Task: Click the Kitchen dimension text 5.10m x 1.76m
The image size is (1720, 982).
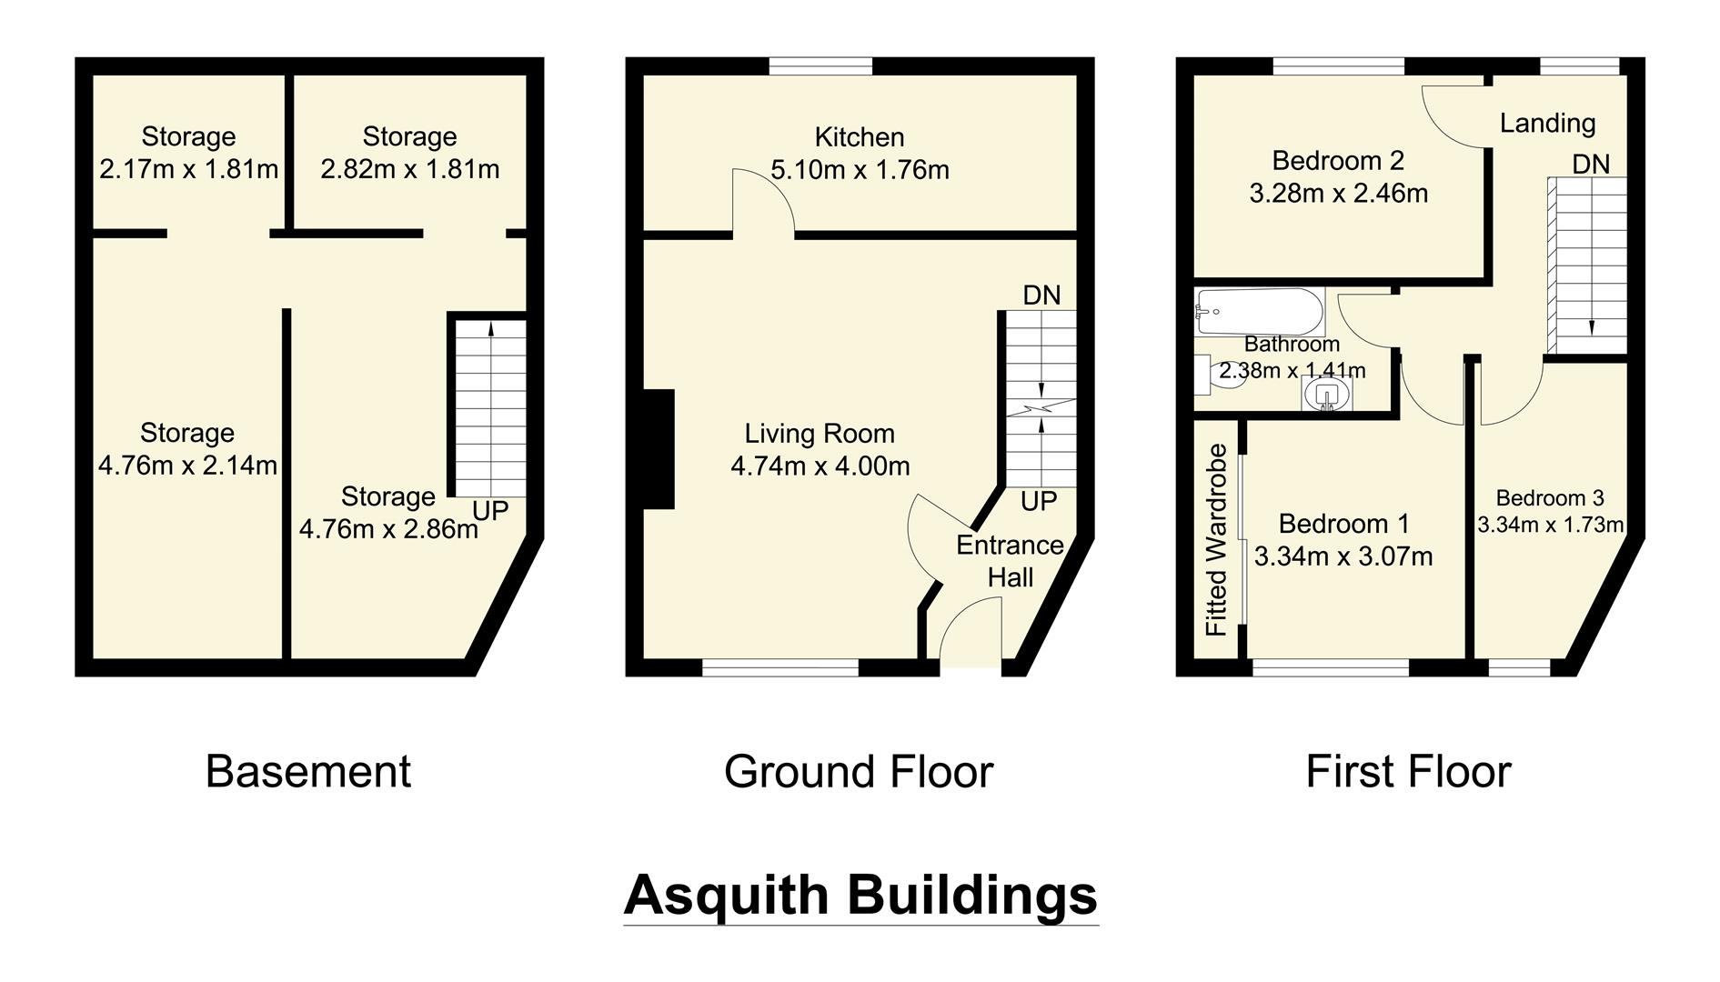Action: coord(860,170)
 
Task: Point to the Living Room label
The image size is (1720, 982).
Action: coord(820,434)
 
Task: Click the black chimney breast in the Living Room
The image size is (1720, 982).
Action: coord(659,448)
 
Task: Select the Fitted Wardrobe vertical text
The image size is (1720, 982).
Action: coord(1216,540)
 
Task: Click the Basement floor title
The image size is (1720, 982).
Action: coord(308,771)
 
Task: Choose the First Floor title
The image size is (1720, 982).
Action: coord(1408,771)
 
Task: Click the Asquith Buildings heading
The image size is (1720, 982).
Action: coord(860,895)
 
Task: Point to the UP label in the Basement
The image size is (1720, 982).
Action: coord(490,511)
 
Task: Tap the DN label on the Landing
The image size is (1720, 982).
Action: coord(1591,164)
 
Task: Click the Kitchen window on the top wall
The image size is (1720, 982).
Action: coord(820,65)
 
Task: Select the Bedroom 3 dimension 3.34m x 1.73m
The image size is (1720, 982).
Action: coord(1550,525)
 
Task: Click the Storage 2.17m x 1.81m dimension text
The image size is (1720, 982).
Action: coord(188,169)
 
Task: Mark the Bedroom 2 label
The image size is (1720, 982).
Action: coord(1338,161)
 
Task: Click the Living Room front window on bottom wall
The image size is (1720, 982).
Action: coord(780,668)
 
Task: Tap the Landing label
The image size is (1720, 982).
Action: coord(1547,123)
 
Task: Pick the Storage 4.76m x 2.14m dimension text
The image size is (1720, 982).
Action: coord(187,466)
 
